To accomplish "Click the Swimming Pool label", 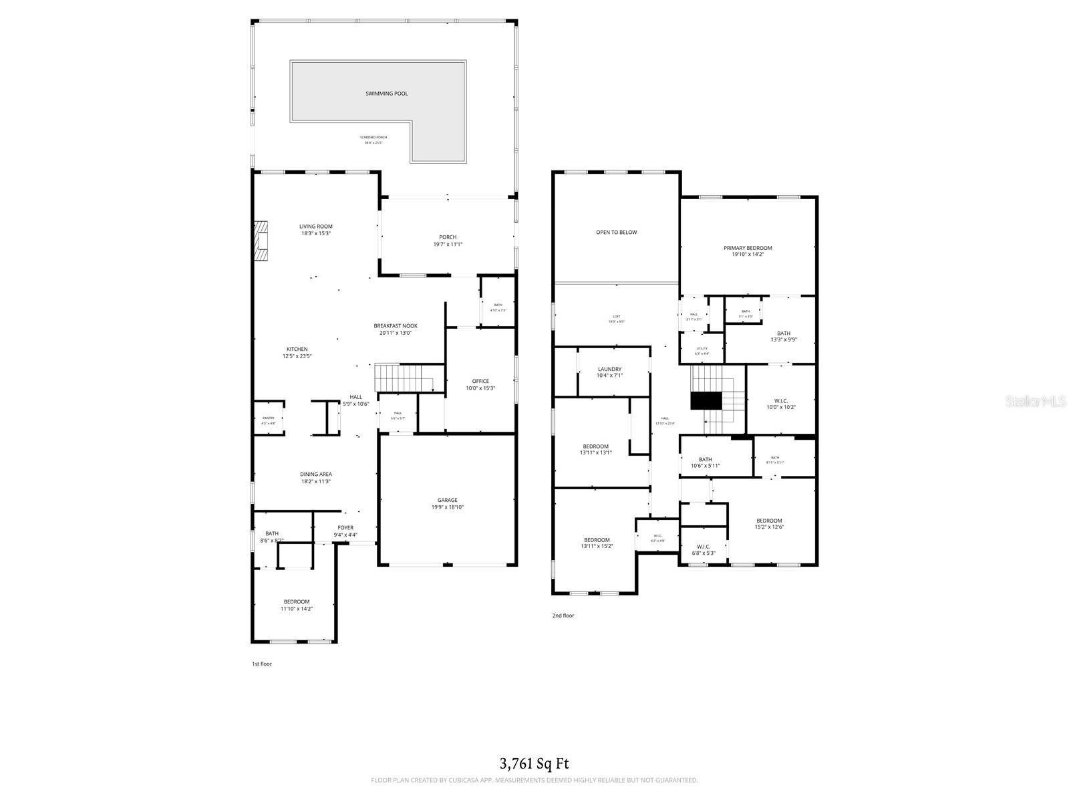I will tap(386, 94).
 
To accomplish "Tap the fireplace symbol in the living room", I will tap(260, 241).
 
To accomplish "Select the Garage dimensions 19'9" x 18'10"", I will tap(447, 507).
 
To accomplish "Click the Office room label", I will tap(480, 381).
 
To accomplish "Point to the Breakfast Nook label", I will tap(396, 326).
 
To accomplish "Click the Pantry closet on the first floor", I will tap(269, 419).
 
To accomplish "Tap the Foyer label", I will tap(345, 527).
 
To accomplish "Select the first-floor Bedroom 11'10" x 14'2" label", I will tap(297, 601).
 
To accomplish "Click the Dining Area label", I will tap(315, 475).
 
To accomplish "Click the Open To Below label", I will tap(616, 233).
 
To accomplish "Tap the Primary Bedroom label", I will tap(748, 248).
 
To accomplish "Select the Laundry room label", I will tap(609, 369).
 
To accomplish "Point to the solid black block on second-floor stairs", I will tap(706, 400).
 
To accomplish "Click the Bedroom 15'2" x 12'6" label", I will tap(769, 521).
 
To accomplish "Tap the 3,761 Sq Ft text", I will tap(534, 763).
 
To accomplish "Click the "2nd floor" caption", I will tap(563, 616).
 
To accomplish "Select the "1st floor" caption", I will tap(261, 664).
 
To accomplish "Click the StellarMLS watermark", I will tap(1039, 401).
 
